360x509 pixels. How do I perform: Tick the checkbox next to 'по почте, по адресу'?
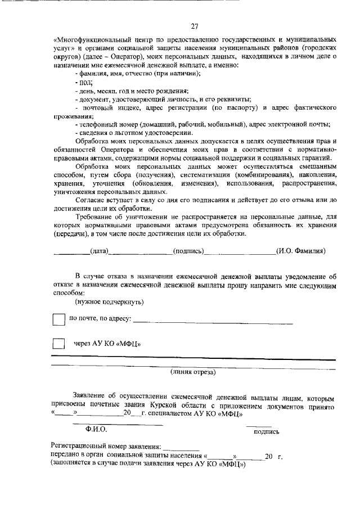pyautogui.click(x=58, y=319)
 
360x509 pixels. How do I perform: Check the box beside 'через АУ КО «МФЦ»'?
pyautogui.click(x=58, y=344)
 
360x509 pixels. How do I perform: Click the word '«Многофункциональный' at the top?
pyautogui.click(x=90, y=41)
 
